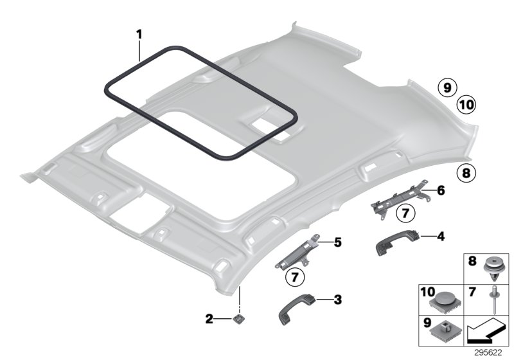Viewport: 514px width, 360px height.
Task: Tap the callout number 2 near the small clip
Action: pyautogui.click(x=209, y=318)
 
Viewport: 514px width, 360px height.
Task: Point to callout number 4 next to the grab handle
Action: pyautogui.click(x=440, y=237)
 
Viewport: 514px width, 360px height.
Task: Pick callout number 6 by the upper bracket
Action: pyautogui.click(x=440, y=191)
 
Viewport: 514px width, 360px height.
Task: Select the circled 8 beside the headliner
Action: pyautogui.click(x=466, y=172)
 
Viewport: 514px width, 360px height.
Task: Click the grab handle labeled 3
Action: pyautogui.click(x=300, y=310)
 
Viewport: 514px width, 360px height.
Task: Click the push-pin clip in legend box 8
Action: pyautogui.click(x=492, y=267)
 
